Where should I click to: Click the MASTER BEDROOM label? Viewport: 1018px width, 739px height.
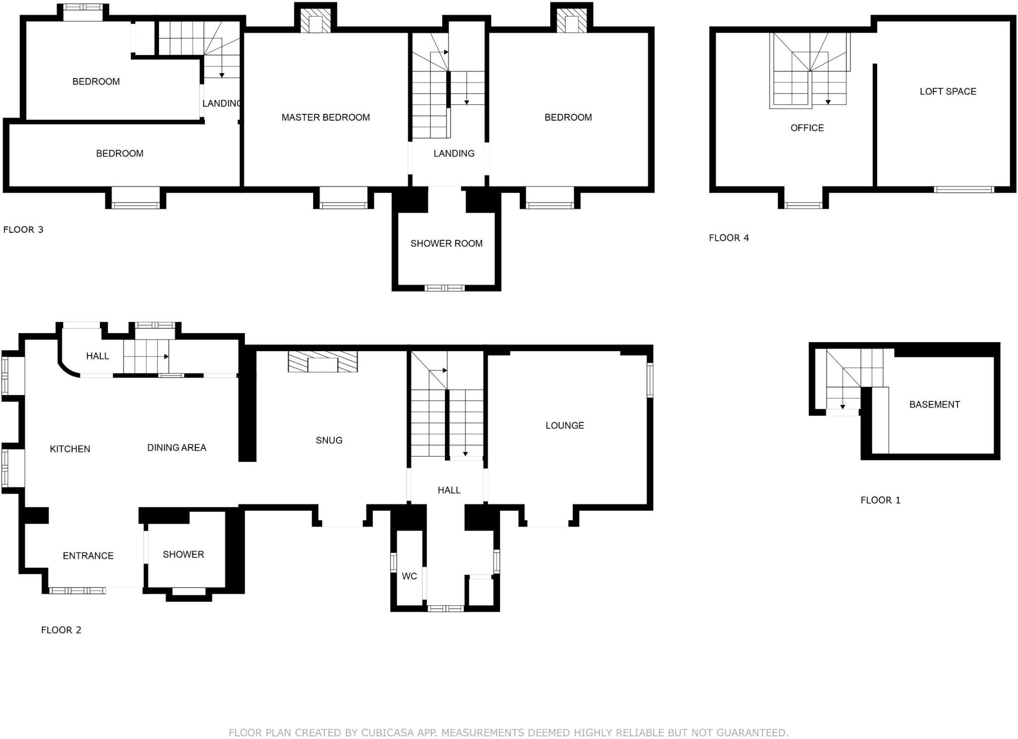click(326, 117)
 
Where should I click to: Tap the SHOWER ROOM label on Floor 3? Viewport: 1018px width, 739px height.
click(446, 243)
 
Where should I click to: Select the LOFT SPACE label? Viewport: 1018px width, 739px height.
click(947, 92)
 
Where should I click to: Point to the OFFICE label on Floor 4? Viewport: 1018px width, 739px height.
click(807, 128)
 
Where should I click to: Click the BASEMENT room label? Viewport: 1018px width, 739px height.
click(934, 404)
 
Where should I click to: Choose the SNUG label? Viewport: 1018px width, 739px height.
click(329, 440)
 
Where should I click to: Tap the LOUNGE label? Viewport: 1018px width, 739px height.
click(564, 425)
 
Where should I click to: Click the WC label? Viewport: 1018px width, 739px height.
click(409, 576)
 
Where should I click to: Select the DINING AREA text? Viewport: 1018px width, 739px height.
click(176, 448)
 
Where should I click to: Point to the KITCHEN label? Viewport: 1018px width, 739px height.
click(70, 449)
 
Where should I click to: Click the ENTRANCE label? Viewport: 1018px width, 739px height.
click(88, 555)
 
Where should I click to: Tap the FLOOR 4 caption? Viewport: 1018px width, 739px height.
click(728, 238)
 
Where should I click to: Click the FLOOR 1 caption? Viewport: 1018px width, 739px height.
click(880, 500)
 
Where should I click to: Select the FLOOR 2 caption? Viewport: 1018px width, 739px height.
click(61, 630)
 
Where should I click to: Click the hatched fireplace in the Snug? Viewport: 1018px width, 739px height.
click(323, 362)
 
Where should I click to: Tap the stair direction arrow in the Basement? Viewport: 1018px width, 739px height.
click(843, 406)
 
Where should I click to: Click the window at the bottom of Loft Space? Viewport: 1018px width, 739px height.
click(963, 189)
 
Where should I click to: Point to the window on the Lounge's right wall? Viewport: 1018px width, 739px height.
click(650, 380)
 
